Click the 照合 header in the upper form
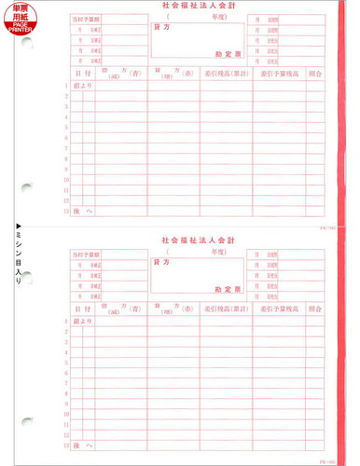coord(315,73)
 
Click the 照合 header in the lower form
coord(315,308)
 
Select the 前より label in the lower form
coord(83,322)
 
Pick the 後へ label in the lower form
coord(83,446)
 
